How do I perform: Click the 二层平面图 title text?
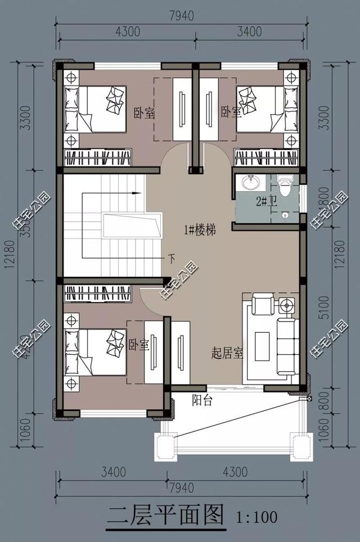coord(165,515)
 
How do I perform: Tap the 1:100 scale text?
coord(254,516)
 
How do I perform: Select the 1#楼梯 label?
coord(200,229)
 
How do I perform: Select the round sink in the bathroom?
coord(249,183)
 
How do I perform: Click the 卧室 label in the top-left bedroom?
coord(144,113)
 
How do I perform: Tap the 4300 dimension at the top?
coord(127,32)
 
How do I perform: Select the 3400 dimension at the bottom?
coord(113,471)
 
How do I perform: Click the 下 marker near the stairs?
coord(172,259)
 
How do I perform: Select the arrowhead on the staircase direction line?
coord(136,193)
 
